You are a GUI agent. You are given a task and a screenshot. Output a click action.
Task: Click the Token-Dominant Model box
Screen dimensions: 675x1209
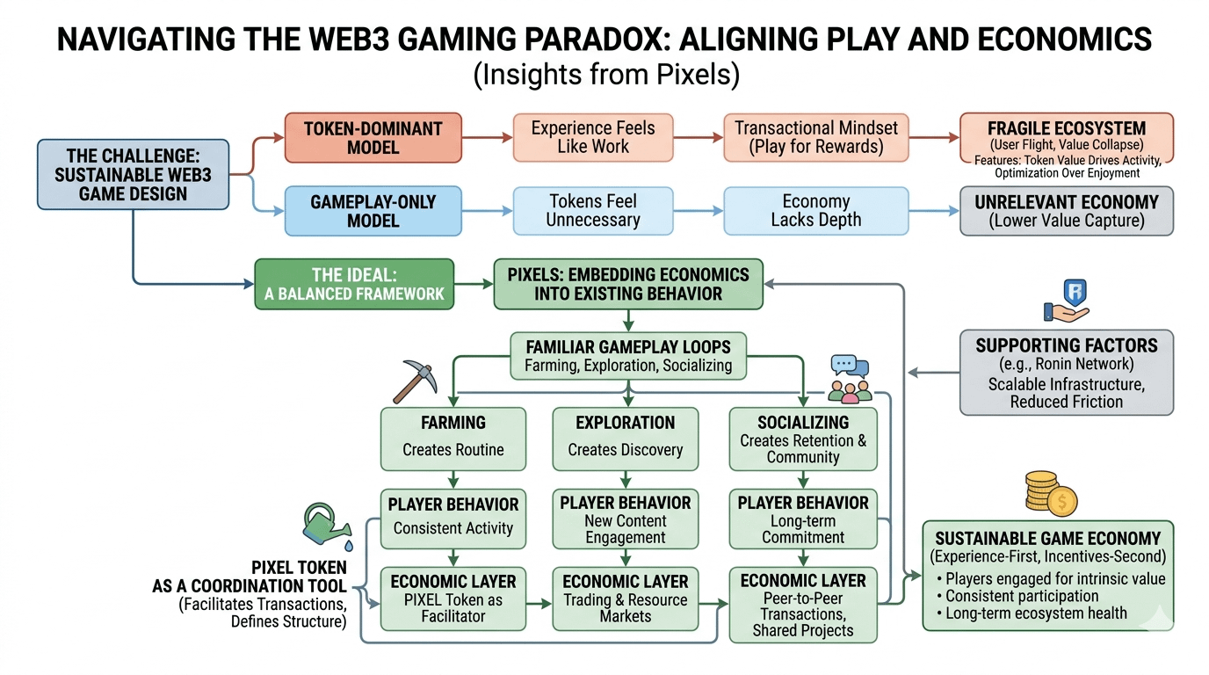pos(373,137)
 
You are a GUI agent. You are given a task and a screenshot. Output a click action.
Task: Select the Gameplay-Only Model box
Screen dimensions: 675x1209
pos(373,211)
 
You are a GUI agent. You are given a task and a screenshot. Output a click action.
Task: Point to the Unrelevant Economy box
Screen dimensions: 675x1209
pos(1067,211)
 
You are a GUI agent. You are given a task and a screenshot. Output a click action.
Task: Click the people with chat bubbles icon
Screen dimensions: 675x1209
pos(850,379)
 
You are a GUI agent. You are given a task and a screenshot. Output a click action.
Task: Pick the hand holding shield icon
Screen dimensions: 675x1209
pos(1066,300)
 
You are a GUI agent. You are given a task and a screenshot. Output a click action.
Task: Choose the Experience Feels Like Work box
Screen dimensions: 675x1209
pos(593,137)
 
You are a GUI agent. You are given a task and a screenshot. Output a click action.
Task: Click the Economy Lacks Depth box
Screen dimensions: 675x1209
pos(815,211)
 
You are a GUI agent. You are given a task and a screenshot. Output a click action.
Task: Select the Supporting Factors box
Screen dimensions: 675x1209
pos(1066,372)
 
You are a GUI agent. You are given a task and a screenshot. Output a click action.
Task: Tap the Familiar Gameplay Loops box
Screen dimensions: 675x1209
pos(627,354)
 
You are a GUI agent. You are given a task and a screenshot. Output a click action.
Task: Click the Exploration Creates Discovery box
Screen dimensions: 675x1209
pos(625,437)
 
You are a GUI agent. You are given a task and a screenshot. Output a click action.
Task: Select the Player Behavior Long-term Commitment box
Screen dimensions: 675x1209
pos(803,519)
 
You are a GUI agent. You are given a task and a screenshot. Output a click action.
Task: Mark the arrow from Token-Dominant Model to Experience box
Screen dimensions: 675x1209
pos(488,138)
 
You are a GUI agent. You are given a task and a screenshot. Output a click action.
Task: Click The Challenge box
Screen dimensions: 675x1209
pos(133,174)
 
